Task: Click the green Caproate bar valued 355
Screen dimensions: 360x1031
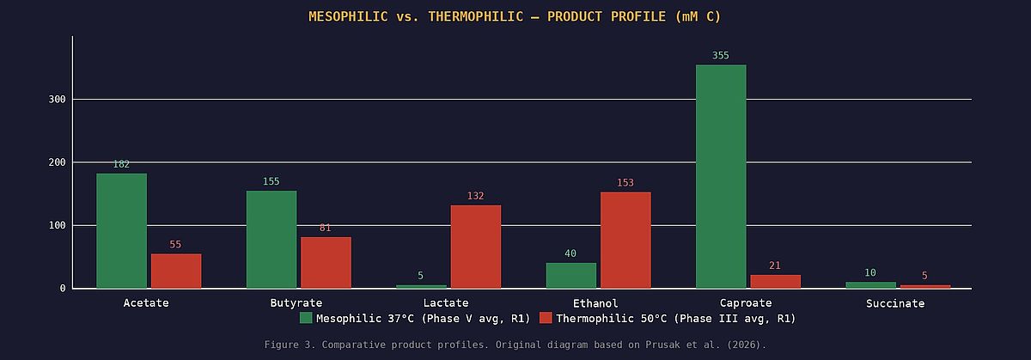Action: (721, 176)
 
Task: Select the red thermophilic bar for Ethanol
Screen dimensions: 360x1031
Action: (625, 240)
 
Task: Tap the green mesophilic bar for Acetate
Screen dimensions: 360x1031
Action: (121, 230)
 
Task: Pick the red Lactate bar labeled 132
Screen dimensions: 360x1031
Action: (475, 247)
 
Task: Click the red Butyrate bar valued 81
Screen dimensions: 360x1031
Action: (326, 262)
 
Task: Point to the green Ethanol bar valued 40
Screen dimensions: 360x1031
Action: (570, 275)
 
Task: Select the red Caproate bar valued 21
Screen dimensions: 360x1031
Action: (775, 281)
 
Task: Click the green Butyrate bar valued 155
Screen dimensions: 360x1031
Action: (271, 239)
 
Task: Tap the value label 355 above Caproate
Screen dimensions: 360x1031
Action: (721, 56)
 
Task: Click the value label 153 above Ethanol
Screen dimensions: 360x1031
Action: (625, 183)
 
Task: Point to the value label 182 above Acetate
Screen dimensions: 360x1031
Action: (121, 164)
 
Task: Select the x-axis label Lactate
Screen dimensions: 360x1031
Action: (446, 303)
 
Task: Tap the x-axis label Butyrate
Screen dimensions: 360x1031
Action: (296, 303)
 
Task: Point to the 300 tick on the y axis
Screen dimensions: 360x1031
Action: (58, 100)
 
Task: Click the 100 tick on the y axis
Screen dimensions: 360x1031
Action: (58, 225)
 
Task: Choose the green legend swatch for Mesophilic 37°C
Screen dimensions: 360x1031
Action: (306, 319)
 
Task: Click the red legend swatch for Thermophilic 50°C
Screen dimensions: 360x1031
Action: (546, 319)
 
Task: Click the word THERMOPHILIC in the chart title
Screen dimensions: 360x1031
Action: (469, 17)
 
